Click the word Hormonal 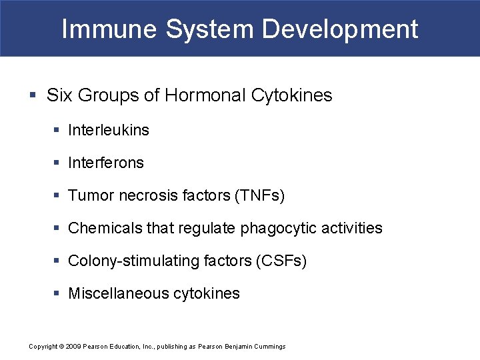(205, 95)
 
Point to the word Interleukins (109, 130)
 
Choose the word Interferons (106, 163)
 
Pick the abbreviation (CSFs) (281, 261)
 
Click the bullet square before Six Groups (33, 96)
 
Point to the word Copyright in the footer (43, 347)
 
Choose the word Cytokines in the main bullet (291, 95)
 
